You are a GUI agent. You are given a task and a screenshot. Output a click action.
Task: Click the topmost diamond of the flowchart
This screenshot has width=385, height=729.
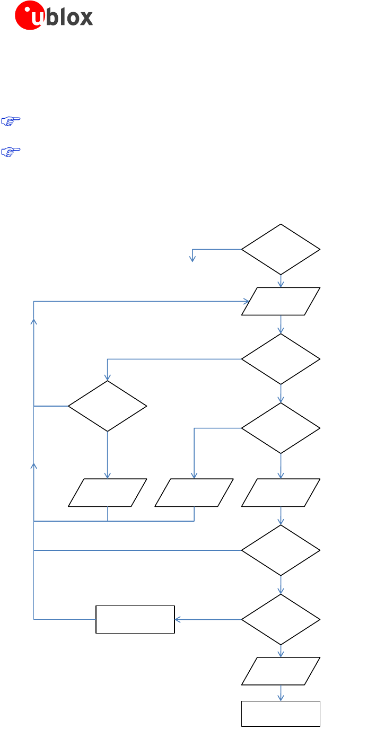(x=281, y=249)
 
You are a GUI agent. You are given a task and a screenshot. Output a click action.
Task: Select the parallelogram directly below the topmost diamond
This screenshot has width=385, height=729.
(x=281, y=301)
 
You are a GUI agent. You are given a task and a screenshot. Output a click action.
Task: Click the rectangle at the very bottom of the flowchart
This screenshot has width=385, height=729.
(x=281, y=713)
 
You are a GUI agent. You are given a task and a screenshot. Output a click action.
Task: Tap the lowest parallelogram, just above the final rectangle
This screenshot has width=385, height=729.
(x=281, y=671)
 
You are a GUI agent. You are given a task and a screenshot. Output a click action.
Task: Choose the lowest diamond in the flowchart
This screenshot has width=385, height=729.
(x=281, y=619)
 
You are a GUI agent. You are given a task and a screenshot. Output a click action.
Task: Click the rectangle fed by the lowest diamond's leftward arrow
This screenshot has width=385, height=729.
(x=135, y=619)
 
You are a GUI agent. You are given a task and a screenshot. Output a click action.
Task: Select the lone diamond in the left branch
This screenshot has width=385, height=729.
(x=107, y=406)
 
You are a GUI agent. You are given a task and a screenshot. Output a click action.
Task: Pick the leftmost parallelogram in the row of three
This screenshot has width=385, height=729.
(x=107, y=493)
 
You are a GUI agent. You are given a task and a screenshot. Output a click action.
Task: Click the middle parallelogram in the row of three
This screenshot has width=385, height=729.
(x=194, y=493)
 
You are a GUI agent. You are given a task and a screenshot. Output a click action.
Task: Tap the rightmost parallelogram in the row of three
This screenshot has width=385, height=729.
(x=281, y=493)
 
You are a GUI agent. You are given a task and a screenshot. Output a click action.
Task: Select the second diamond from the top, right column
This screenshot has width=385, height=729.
(x=281, y=359)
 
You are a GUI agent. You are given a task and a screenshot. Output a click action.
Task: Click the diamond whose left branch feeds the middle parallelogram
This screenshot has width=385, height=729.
(x=281, y=428)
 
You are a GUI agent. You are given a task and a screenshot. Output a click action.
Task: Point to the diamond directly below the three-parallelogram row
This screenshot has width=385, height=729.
(x=281, y=550)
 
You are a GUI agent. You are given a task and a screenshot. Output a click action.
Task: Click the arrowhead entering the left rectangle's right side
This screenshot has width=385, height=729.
(x=178, y=619)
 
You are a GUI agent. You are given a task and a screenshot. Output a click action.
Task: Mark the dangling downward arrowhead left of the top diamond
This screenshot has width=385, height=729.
(x=192, y=259)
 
